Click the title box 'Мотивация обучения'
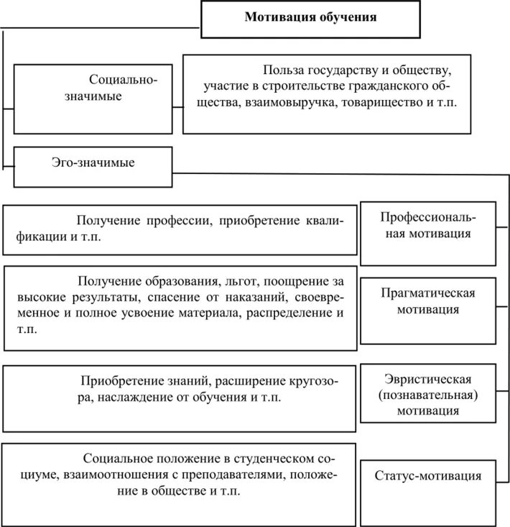[310, 19]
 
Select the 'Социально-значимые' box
[93, 99]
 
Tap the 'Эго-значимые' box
[93, 166]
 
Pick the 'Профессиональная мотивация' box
[427, 233]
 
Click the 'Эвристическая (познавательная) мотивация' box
[427, 395]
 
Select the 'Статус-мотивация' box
[427, 475]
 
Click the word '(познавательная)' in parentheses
[427, 395]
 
